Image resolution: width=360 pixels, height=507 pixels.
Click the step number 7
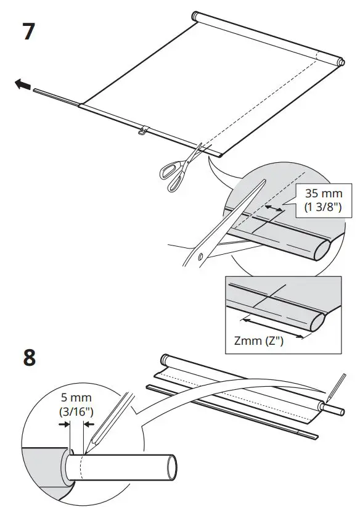click(29, 32)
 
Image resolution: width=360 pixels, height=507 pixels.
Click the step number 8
click(29, 358)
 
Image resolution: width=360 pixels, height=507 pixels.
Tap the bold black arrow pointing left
click(22, 86)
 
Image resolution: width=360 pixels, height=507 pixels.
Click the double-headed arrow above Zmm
click(271, 327)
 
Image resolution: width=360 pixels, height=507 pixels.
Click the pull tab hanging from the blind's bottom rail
click(143, 130)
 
